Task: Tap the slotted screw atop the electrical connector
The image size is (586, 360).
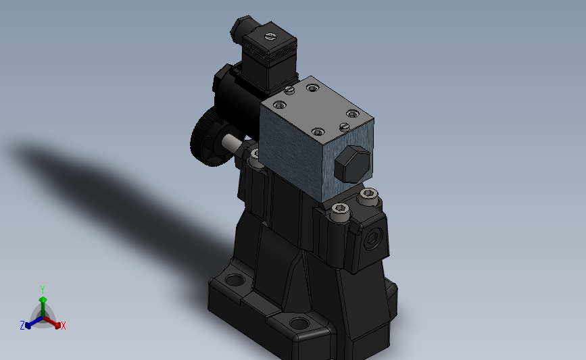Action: coord(270,36)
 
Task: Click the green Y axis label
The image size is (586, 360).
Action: coord(42,289)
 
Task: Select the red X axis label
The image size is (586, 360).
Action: coord(64,326)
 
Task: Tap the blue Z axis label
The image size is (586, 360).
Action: coord(22,326)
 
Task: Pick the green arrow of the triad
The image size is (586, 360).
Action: coord(43,301)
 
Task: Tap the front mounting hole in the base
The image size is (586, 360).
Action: coord(299,325)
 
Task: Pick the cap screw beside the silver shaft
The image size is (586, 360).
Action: coord(255,155)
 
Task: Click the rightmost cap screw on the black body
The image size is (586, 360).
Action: coord(368,195)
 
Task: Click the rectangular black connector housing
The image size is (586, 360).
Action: coord(270,57)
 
